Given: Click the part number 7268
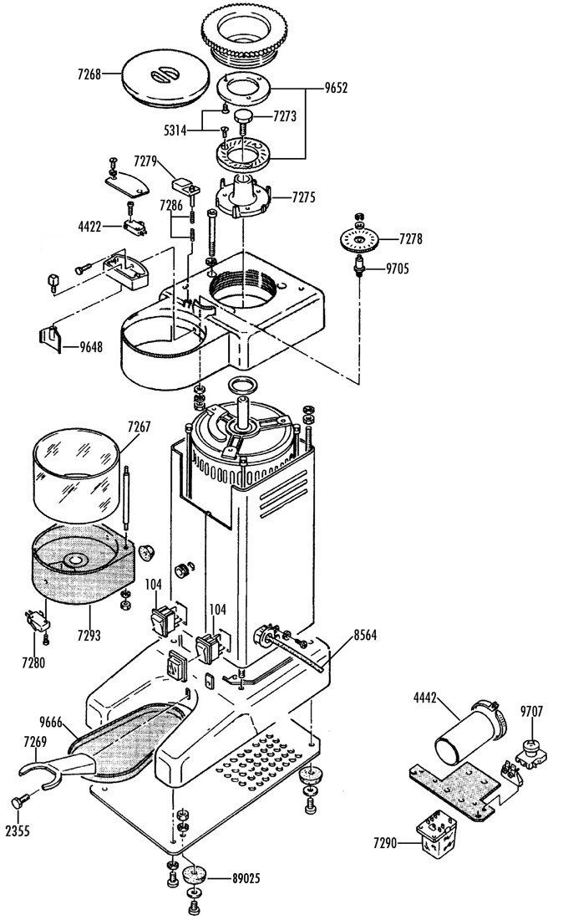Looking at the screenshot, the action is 89,74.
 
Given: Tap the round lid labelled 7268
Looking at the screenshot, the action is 165,78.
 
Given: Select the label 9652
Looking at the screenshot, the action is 337,88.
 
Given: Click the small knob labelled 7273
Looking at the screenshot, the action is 242,116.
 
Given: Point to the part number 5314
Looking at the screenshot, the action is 175,130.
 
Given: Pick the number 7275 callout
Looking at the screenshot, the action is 303,197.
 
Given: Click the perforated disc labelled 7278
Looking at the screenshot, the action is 358,239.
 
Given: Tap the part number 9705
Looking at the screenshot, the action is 398,269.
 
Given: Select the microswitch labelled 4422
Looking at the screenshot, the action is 134,227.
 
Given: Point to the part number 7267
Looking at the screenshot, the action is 139,427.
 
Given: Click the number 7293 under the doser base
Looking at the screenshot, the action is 89,635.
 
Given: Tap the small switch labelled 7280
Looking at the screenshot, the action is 37,621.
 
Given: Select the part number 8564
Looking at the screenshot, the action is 365,635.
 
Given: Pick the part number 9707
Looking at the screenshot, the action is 531,712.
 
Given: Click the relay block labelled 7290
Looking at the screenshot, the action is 436,836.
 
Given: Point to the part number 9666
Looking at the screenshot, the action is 51,723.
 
